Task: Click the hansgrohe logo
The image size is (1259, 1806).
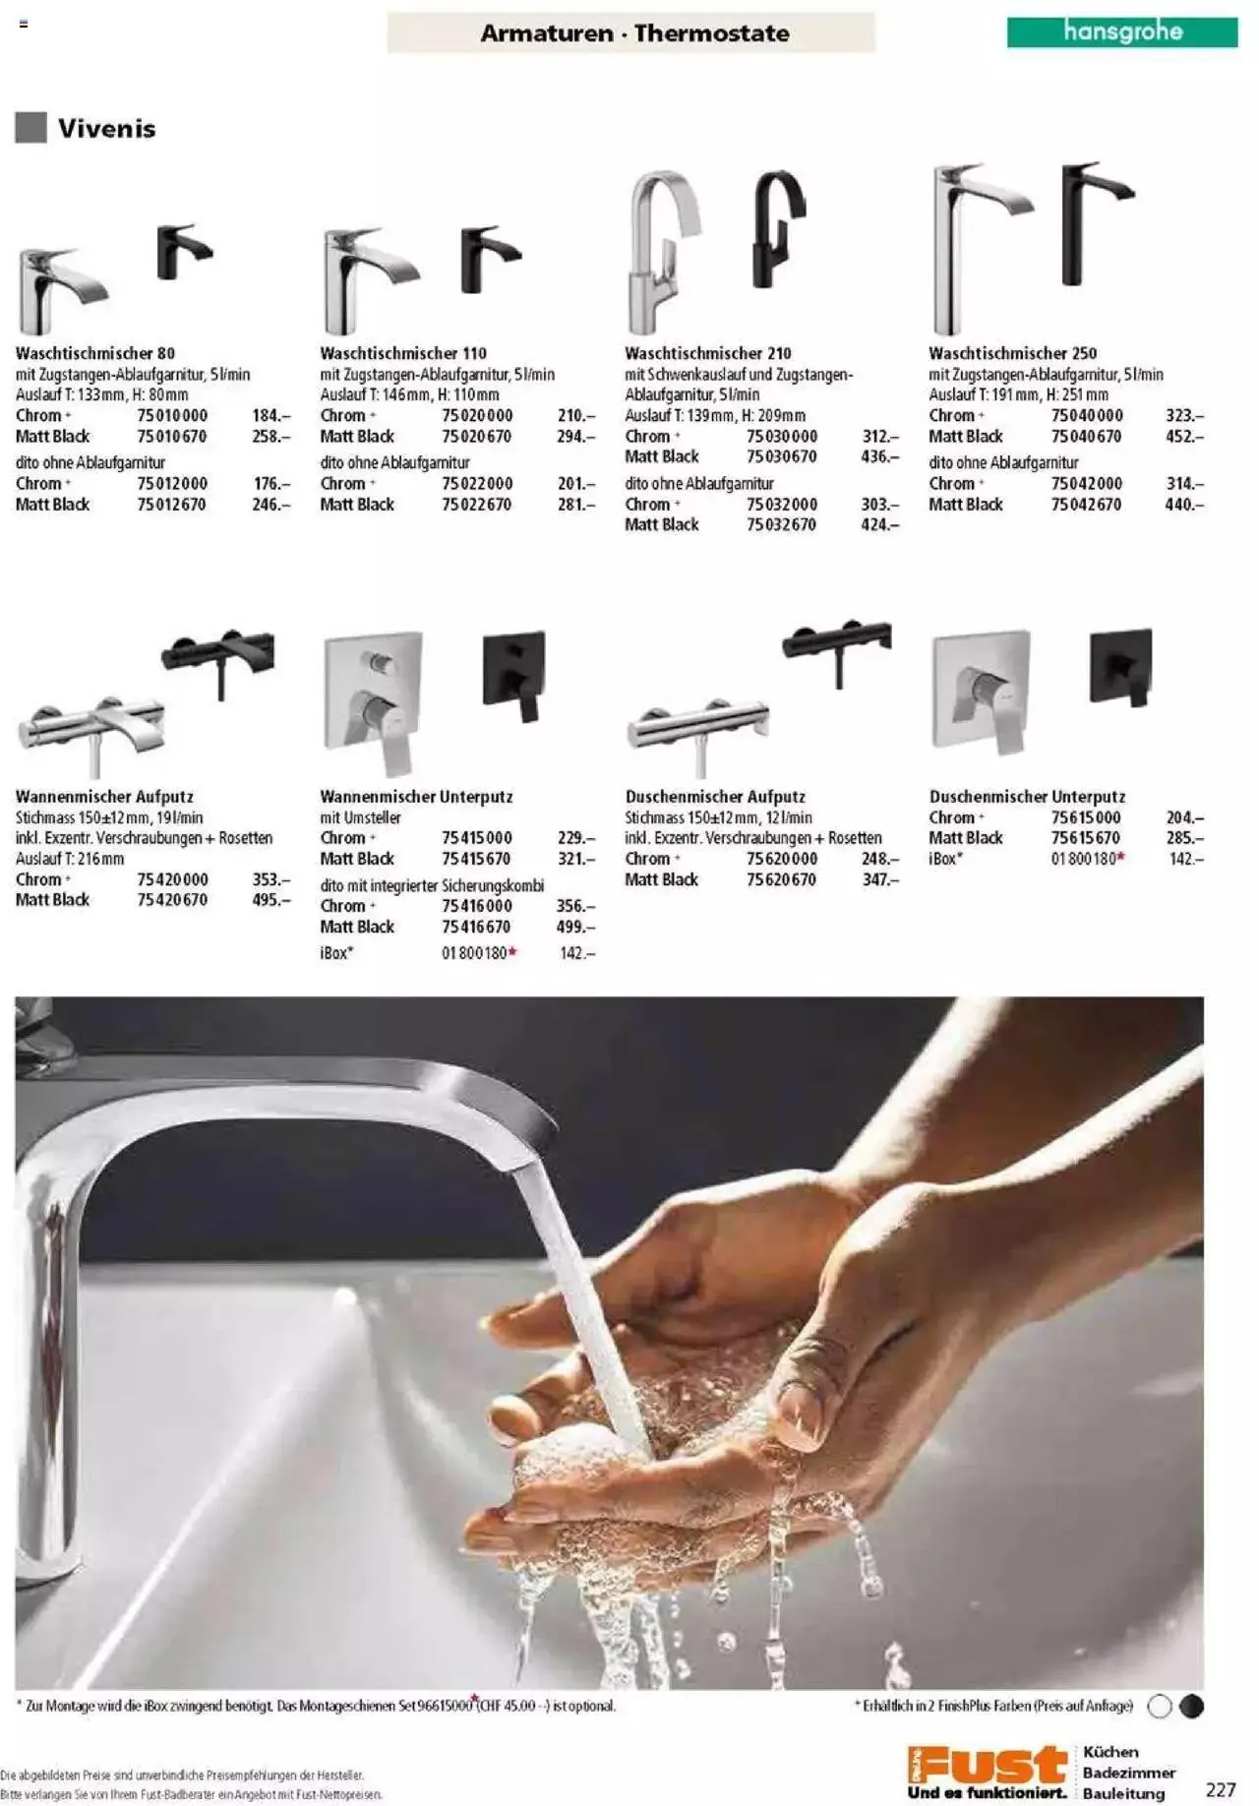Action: (x=1121, y=31)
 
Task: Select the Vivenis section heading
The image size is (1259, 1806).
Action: (x=106, y=128)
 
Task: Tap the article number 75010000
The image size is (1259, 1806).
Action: (x=172, y=415)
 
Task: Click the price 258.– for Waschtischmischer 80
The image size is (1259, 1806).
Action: (x=271, y=436)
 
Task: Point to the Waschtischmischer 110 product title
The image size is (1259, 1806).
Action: (x=403, y=352)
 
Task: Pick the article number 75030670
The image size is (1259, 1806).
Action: (x=781, y=456)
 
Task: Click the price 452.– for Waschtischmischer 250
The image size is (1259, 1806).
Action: (x=1184, y=436)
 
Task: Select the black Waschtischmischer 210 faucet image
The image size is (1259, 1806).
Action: (x=778, y=228)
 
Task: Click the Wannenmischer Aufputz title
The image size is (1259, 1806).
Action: (x=104, y=796)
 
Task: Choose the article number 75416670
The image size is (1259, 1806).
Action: (x=476, y=927)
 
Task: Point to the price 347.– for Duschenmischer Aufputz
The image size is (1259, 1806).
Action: (x=880, y=879)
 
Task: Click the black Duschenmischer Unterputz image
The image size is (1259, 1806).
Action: (x=1121, y=666)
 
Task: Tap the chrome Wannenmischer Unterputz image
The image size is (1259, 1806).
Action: (x=374, y=703)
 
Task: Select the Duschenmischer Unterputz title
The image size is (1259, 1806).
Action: (x=1027, y=796)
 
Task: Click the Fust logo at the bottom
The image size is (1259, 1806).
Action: (x=988, y=1772)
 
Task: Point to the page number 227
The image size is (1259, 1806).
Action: (x=1221, y=1789)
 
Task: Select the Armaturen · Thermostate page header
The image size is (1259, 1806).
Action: (x=634, y=33)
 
